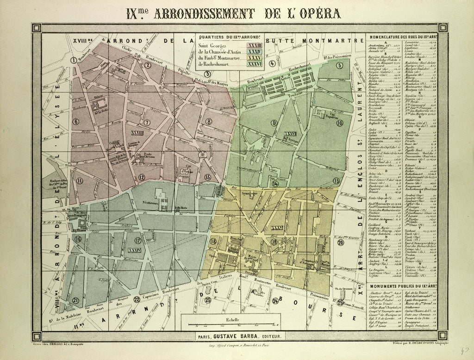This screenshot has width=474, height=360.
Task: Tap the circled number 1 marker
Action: [74, 60]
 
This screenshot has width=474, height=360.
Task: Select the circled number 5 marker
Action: [339, 65]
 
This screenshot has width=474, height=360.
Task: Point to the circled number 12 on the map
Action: [142, 177]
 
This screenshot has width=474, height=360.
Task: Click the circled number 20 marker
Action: [341, 242]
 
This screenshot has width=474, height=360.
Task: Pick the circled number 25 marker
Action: [340, 303]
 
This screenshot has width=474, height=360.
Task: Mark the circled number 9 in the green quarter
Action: [274, 123]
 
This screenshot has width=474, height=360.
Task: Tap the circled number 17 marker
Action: [137, 240]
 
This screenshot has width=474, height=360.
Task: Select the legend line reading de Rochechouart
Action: [213, 64]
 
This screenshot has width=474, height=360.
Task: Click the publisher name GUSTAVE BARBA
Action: [238, 337]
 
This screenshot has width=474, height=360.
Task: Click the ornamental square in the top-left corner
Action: [37, 28]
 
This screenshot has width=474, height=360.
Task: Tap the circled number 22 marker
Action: [137, 299]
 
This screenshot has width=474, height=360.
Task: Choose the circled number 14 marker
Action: [275, 184]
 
